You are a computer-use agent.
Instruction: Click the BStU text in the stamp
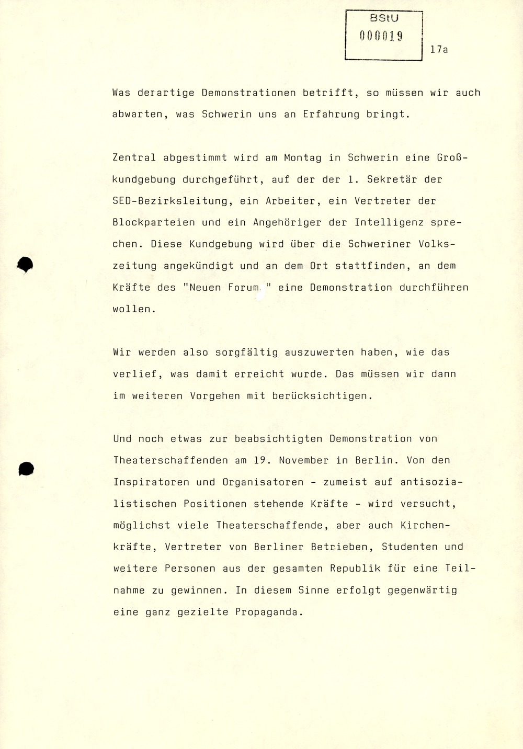tap(384, 18)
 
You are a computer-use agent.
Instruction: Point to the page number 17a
tap(439, 50)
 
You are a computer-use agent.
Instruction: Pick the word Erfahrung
tap(331, 114)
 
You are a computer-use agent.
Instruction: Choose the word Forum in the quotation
tap(244, 287)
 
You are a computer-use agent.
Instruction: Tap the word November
tap(303, 460)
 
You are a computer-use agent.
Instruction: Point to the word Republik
tap(355, 569)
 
